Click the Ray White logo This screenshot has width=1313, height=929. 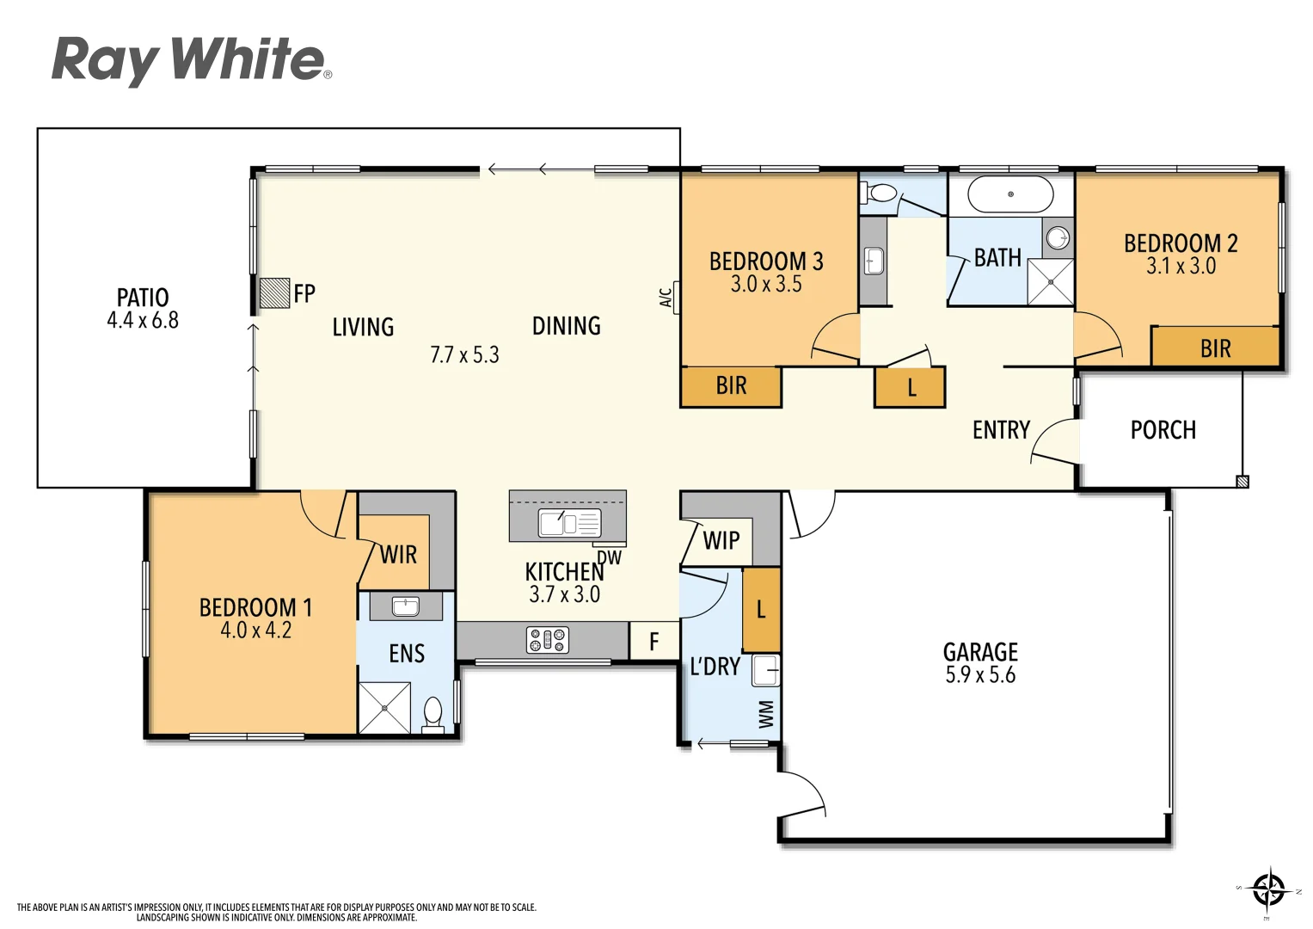[191, 60]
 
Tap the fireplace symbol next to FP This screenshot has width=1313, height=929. [274, 292]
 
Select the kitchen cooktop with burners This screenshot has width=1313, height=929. [548, 640]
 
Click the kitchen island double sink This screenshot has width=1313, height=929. [568, 522]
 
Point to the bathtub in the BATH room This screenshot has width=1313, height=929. [1010, 194]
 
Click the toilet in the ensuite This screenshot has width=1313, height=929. [433, 715]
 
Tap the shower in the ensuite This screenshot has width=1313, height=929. [384, 708]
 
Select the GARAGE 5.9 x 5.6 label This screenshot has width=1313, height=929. [980, 662]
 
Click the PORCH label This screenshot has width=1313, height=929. [1163, 430]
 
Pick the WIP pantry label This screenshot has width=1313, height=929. [721, 540]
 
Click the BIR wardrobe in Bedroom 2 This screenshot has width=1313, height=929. [1215, 348]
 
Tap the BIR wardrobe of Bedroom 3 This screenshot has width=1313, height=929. [731, 386]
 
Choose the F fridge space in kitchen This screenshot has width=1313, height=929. [653, 641]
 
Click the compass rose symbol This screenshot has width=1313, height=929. [1268, 889]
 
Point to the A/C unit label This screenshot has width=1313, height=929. [666, 298]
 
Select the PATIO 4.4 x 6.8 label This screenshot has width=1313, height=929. [143, 308]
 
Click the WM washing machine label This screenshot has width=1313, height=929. [766, 714]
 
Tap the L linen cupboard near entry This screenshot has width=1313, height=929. [911, 388]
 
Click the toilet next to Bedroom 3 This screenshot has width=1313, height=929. [881, 194]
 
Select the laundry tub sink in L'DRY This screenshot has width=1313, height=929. [766, 669]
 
